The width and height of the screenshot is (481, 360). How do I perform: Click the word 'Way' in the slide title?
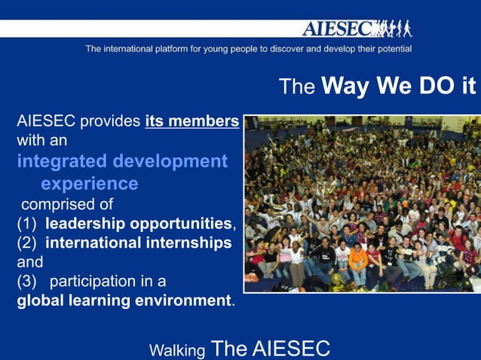pos(345,86)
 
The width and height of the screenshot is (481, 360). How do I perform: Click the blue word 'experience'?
pos(89,183)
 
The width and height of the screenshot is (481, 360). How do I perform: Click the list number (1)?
pos(27,224)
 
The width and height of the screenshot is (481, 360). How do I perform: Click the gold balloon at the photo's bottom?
pos(337,279)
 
